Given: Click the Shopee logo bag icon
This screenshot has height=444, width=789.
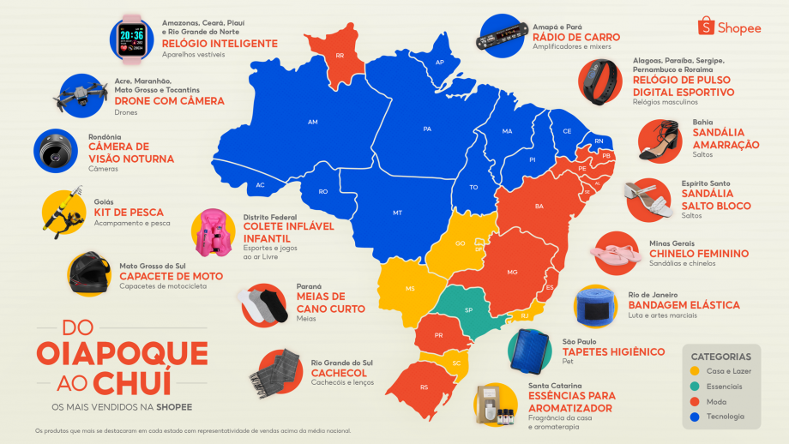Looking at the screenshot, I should (x=707, y=27).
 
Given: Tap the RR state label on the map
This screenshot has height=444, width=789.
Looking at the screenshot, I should (x=340, y=56).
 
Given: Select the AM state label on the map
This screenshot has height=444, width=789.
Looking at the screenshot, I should (x=312, y=123).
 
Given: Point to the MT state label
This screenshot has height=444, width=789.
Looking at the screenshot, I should (x=397, y=212).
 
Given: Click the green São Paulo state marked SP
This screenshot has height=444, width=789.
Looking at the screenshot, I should (x=468, y=309).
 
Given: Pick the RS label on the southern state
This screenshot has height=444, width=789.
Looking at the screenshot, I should (x=424, y=387).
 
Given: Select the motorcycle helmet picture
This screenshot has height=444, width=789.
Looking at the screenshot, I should (x=90, y=274).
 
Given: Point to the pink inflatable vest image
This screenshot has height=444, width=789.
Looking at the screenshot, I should (x=212, y=232).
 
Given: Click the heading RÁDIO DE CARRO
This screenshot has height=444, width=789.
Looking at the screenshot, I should (x=576, y=38).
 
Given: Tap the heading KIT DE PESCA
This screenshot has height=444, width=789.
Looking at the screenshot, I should (x=129, y=213).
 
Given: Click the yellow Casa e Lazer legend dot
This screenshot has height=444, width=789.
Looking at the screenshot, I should (x=696, y=371).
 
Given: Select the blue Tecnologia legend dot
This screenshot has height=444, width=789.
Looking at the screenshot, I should (x=696, y=417).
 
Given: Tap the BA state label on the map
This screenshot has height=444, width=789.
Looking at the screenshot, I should (x=539, y=207).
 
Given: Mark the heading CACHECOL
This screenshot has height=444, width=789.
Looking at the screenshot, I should (x=339, y=373).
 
